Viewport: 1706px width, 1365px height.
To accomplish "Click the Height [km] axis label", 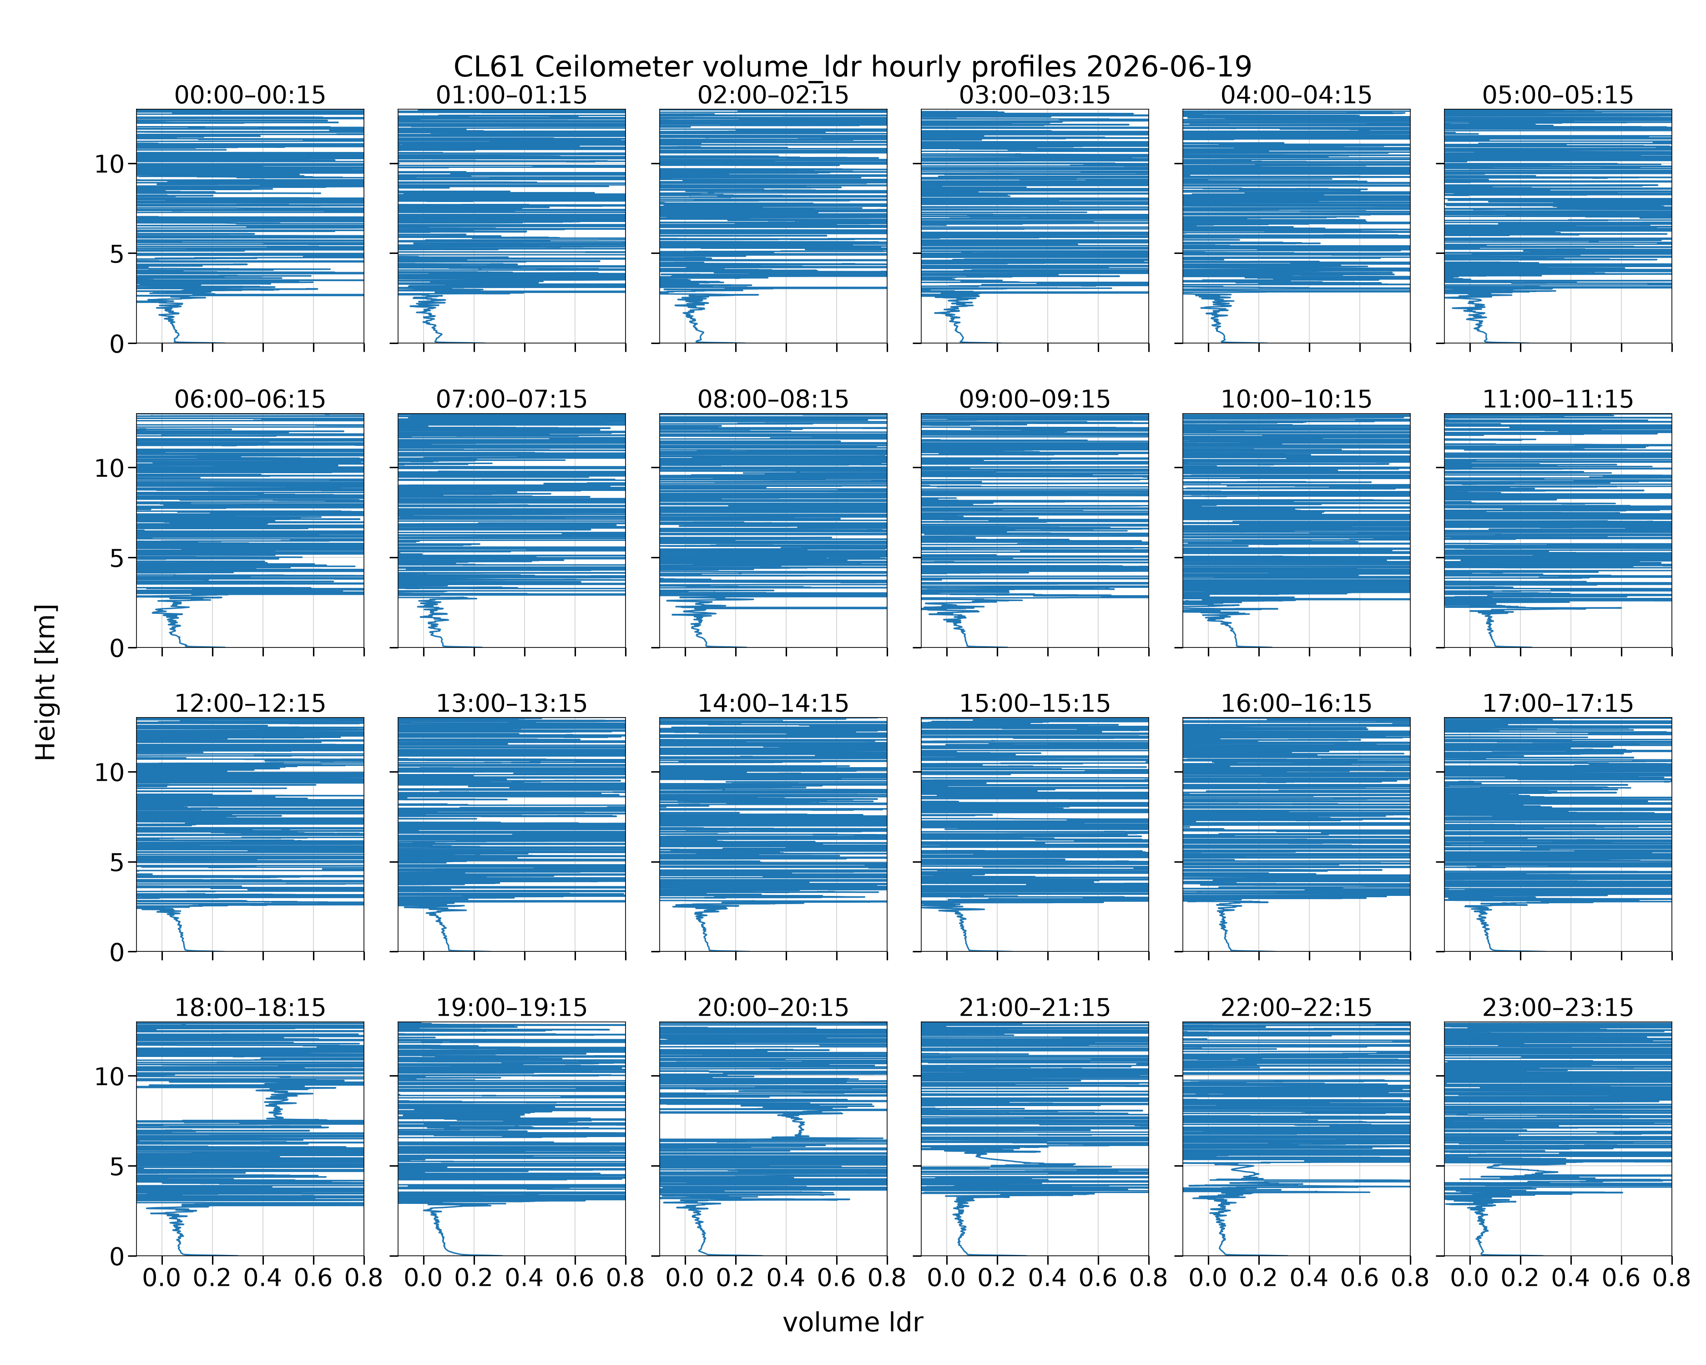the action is [46, 682].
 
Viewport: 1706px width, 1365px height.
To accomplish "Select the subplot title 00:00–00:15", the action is [250, 95].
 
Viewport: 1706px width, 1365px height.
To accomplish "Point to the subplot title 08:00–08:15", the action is [773, 399].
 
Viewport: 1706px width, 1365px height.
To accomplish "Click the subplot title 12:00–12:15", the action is [250, 703].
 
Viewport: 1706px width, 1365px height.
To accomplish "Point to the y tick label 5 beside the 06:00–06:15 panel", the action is [117, 558].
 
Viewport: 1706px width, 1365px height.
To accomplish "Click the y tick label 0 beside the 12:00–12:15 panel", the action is [117, 952].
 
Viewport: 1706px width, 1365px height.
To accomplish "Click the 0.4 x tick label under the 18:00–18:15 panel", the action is [262, 1278].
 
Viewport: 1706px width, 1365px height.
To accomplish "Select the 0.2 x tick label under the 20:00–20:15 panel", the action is [735, 1278].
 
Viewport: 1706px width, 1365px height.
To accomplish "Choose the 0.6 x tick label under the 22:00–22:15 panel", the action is [1359, 1278].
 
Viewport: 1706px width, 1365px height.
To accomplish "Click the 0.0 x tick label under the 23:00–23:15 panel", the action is [1469, 1278].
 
